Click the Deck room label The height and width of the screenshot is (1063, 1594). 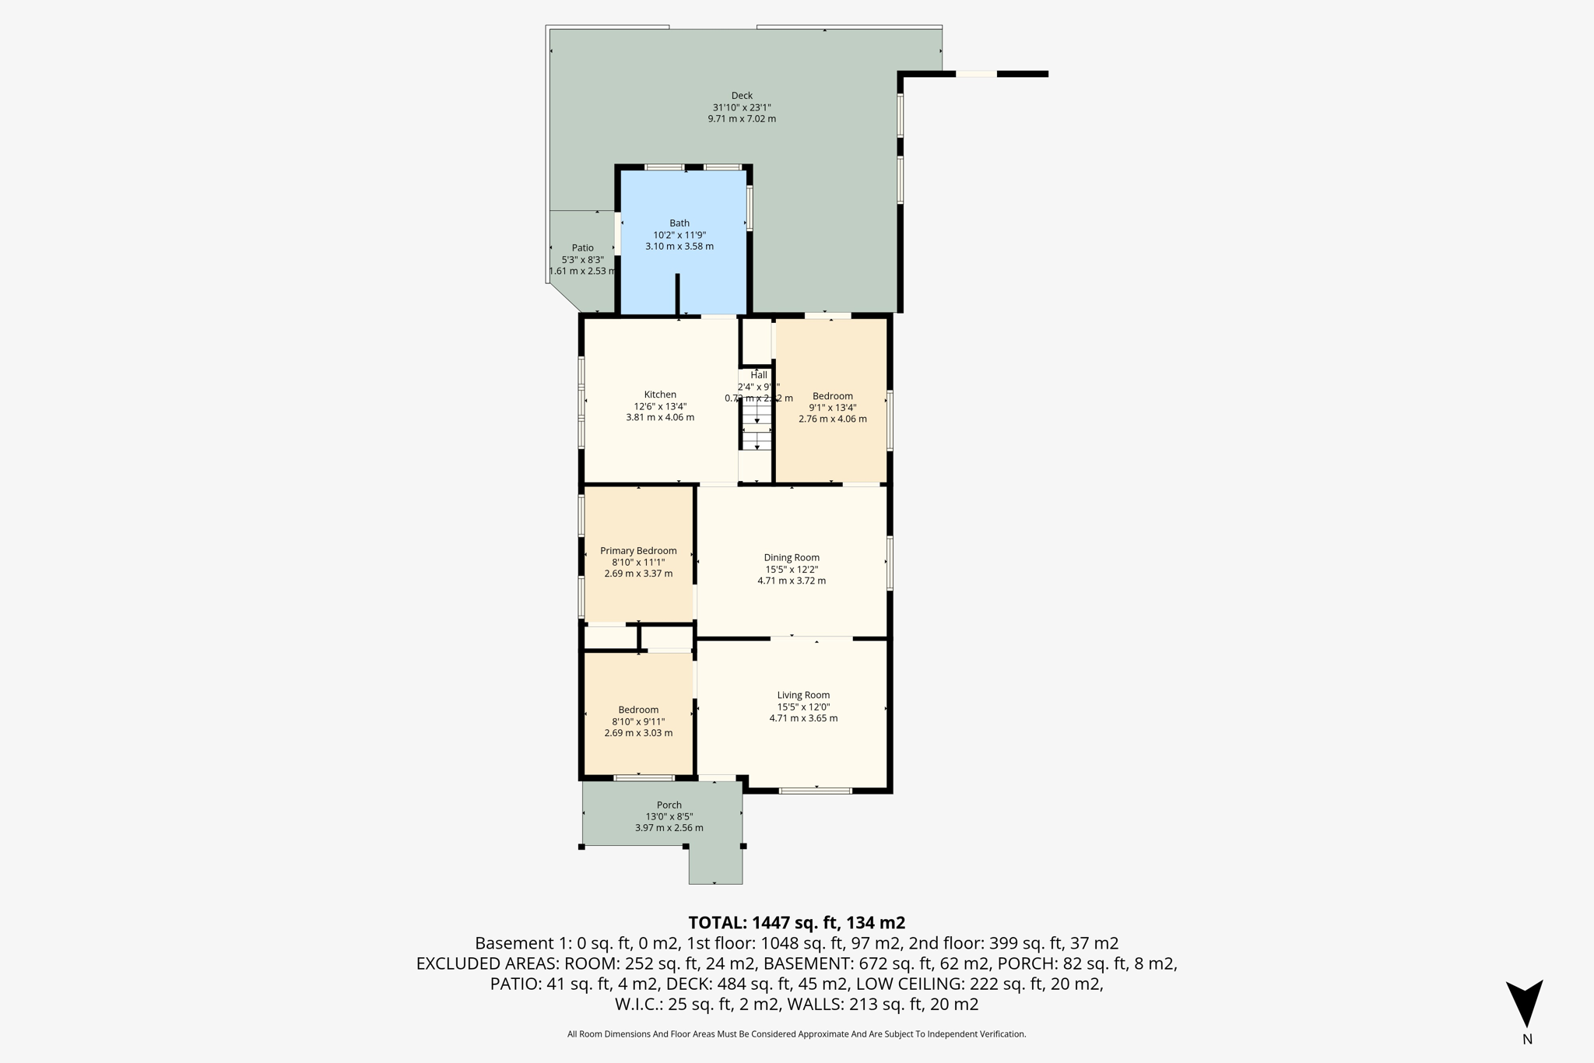741,96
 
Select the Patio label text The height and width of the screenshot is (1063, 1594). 582,248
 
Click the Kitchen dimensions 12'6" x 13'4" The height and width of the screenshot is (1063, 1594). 660,406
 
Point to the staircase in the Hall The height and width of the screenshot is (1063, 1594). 757,427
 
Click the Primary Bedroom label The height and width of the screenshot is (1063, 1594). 638,551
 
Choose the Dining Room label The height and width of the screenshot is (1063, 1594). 792,557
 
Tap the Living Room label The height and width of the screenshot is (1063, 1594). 803,695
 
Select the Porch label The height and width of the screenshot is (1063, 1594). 669,805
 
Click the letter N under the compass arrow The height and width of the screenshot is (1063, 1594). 1527,1040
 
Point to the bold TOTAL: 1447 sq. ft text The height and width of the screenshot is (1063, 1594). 796,923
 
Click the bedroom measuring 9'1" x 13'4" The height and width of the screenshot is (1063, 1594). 832,436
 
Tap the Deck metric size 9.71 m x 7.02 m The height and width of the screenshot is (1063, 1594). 741,119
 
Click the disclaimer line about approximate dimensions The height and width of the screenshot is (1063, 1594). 796,1034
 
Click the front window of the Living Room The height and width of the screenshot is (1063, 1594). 815,791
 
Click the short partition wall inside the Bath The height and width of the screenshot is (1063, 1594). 677,294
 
